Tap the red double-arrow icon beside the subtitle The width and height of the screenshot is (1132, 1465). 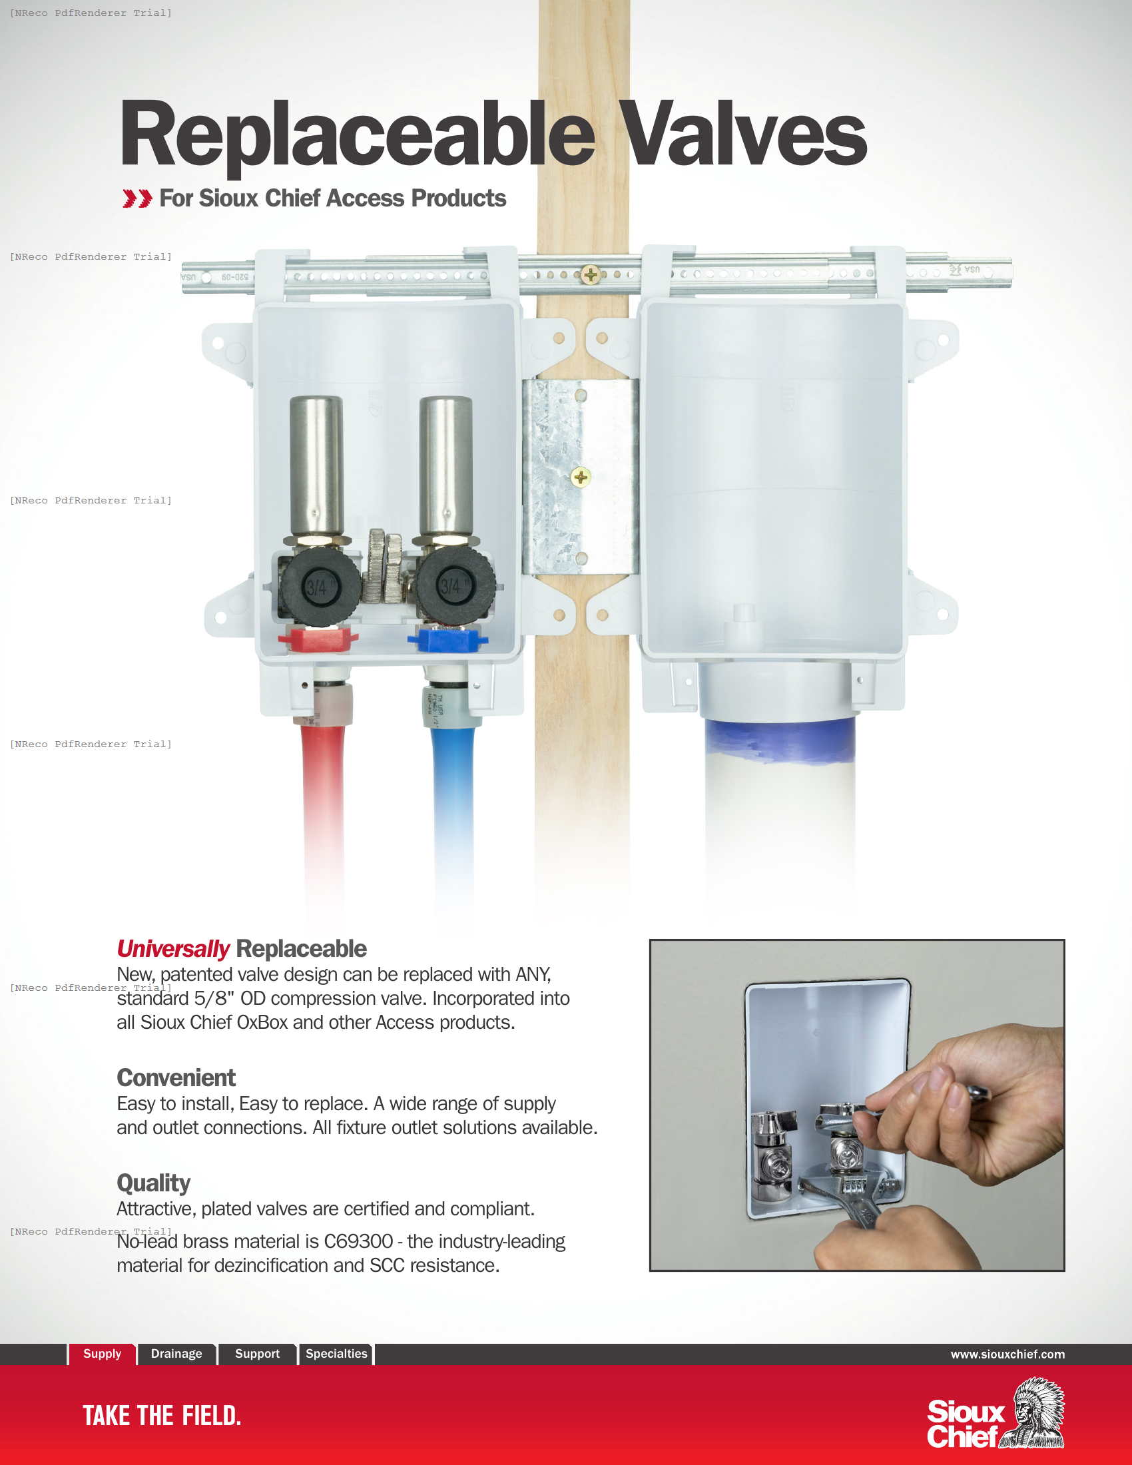[x=137, y=198]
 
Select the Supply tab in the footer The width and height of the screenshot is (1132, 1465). [x=102, y=1353]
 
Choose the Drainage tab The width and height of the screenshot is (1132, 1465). [x=176, y=1353]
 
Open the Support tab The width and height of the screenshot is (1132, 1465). [x=257, y=1353]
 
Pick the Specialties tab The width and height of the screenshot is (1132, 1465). [x=336, y=1353]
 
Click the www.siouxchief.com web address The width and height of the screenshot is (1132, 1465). [x=1007, y=1354]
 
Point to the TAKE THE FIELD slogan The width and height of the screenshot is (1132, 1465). [x=162, y=1415]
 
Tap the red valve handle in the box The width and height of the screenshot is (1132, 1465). [x=318, y=638]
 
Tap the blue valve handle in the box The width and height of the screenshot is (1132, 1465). [x=447, y=638]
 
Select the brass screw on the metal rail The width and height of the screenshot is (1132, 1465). [x=590, y=274]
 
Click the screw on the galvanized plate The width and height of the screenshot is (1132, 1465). [x=580, y=477]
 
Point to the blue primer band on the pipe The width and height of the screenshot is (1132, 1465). [x=779, y=742]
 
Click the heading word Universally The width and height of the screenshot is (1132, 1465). [x=172, y=948]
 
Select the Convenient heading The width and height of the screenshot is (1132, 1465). [x=176, y=1077]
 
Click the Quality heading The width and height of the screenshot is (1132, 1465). [x=153, y=1183]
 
